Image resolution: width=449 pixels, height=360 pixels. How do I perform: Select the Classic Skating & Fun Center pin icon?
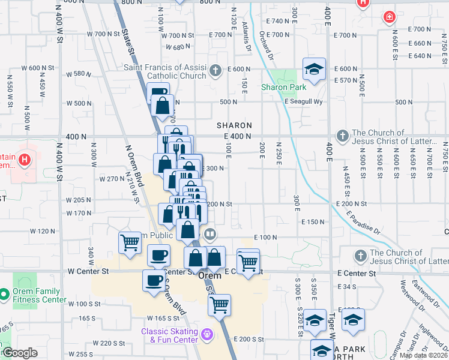point(208,334)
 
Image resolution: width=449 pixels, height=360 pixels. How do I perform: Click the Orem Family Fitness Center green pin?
point(4,295)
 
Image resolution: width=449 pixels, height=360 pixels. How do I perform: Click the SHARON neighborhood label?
point(234,125)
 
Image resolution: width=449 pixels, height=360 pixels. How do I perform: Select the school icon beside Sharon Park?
point(314,69)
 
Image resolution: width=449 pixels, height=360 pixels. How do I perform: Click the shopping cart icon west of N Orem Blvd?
point(130,243)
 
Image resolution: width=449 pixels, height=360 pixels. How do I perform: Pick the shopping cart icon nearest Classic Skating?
point(219,304)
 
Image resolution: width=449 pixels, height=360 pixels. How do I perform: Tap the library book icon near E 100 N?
point(209,234)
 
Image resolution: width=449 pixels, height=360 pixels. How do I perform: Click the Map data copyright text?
point(424,355)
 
